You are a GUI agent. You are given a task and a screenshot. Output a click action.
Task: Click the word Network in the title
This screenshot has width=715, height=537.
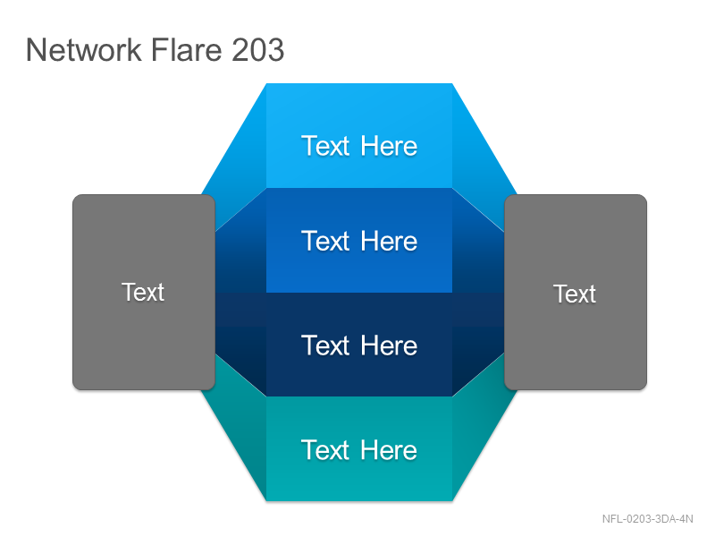(x=84, y=49)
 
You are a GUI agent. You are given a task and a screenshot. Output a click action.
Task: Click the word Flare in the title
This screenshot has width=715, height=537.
(x=187, y=49)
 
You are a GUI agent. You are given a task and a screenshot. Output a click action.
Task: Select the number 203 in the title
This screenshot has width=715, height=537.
(x=257, y=49)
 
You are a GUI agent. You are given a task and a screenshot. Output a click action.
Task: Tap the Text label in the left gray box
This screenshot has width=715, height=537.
(x=143, y=292)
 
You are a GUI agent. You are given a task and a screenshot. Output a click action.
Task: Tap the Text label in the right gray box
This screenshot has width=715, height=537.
(x=575, y=294)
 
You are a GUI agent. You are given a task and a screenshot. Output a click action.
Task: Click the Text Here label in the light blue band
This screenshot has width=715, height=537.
(x=359, y=146)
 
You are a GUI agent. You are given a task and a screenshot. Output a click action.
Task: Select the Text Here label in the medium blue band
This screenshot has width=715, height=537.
(x=359, y=241)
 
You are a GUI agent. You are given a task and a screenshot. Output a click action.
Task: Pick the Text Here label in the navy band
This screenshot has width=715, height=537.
(x=359, y=345)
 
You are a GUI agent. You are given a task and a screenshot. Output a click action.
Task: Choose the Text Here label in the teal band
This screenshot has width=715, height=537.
(x=359, y=450)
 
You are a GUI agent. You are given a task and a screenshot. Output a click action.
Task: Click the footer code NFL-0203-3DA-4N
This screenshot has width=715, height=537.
(x=647, y=519)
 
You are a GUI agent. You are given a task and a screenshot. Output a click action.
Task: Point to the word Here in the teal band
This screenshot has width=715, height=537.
(x=389, y=450)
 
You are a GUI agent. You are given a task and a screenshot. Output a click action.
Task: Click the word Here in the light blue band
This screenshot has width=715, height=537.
(x=389, y=146)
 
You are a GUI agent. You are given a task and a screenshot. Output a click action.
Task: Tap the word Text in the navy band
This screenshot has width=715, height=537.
(x=325, y=345)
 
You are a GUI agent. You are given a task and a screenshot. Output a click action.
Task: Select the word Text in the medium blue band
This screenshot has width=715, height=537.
(x=325, y=241)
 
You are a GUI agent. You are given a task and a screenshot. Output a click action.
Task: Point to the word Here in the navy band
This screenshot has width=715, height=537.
(x=389, y=345)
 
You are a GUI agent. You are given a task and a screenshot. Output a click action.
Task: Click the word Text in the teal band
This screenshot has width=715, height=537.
(x=325, y=450)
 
